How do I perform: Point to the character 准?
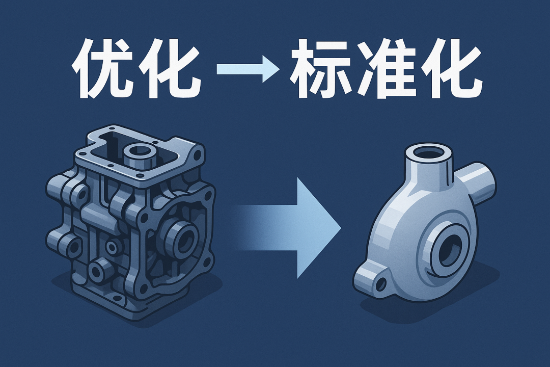[386, 68]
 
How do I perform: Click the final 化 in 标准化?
[450, 68]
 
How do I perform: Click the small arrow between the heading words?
[248, 68]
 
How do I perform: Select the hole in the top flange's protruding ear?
[198, 154]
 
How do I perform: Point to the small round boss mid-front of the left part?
[112, 247]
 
